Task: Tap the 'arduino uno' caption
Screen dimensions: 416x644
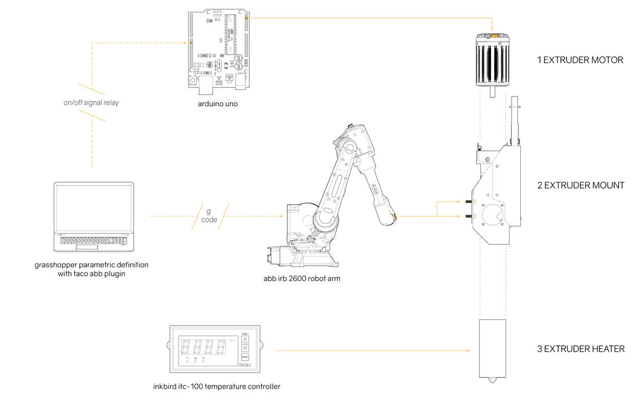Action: click(x=217, y=103)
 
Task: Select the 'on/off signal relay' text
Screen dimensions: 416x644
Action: click(x=91, y=103)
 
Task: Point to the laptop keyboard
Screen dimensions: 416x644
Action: click(x=93, y=240)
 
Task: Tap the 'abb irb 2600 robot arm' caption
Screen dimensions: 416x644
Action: click(x=302, y=279)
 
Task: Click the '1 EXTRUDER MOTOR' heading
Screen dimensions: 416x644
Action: click(x=580, y=60)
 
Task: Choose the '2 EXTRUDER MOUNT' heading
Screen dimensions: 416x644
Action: click(x=580, y=185)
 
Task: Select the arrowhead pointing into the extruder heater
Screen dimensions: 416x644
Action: click(x=468, y=351)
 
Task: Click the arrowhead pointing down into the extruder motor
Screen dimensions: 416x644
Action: click(x=493, y=29)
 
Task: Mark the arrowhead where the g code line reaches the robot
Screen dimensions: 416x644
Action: click(x=281, y=216)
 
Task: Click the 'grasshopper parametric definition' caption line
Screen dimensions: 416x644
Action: click(x=92, y=265)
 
